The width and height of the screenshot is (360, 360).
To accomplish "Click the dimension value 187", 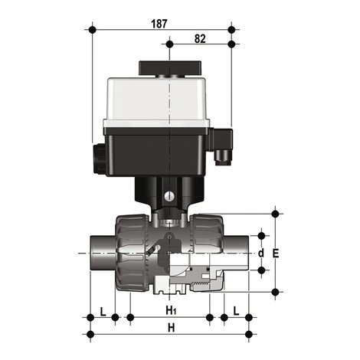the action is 159,24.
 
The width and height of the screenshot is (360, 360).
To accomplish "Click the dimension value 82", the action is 200,39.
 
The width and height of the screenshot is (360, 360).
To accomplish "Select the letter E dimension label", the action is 276,254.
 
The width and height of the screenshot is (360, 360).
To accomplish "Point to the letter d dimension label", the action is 261,254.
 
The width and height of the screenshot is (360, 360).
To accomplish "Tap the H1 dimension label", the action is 171,311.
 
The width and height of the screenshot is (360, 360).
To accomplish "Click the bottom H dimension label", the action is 172,328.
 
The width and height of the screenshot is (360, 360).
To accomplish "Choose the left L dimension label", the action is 103,312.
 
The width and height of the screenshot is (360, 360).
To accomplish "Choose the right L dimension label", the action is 236,311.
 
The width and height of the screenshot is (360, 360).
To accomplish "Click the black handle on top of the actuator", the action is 170,68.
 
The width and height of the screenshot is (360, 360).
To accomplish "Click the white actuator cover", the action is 156,102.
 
